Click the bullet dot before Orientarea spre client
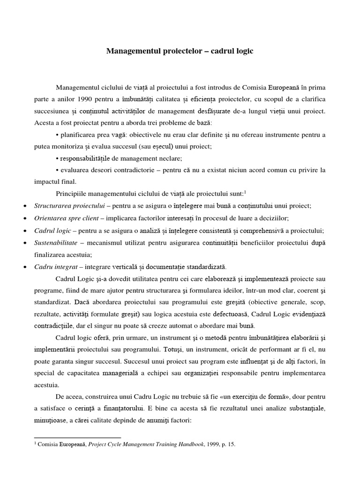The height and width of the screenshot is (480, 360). [24, 218]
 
